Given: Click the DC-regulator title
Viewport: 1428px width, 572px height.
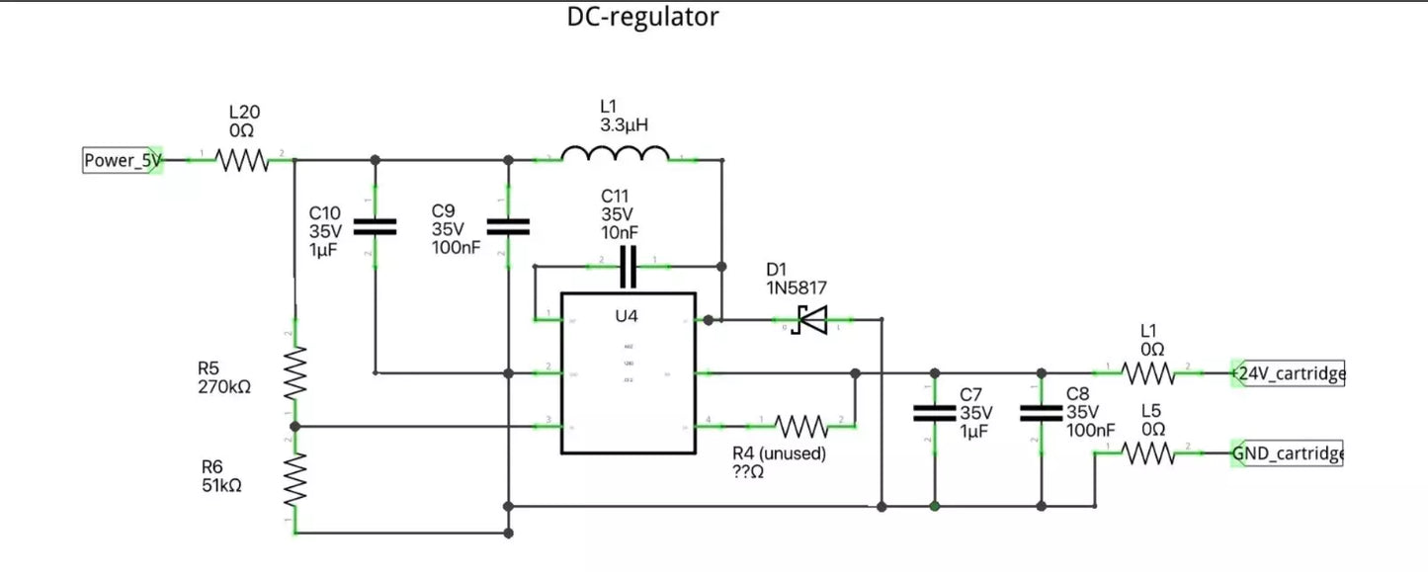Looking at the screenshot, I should point(642,17).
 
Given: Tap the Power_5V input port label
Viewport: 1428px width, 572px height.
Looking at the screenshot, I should point(122,160).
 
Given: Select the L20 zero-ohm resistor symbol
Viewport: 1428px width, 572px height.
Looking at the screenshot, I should point(242,159).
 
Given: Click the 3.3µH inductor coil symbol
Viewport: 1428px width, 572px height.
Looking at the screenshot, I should point(615,155).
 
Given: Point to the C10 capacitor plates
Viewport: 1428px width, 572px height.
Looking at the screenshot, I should point(376,226).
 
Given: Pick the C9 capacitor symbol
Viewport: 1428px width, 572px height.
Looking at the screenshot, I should point(509,226).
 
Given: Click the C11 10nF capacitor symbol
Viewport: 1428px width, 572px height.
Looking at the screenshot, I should point(629,265).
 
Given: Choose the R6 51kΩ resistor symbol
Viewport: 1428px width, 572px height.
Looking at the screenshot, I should point(295,479).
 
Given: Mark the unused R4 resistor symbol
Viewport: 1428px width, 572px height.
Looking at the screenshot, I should point(801,426).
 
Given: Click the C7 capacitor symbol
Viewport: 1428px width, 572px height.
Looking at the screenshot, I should point(934,412).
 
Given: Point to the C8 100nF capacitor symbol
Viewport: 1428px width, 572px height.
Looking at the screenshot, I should point(1040,412).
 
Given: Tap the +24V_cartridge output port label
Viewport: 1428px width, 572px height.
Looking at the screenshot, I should point(1288,373).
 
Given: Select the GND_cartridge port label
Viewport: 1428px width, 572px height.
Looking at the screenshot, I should point(1288,453).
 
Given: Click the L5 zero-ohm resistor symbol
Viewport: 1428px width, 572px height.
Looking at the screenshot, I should point(1148,453).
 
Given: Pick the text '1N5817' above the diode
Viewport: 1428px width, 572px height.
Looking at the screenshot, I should point(797,286).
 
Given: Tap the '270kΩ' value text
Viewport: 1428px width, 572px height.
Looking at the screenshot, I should point(224,386).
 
